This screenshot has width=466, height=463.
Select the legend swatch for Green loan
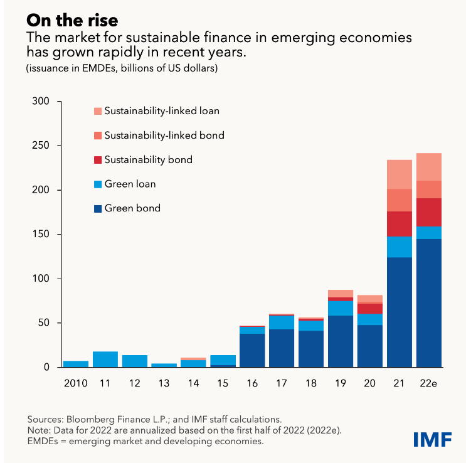click(98, 184)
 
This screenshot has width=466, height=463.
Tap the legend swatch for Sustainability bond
click(98, 160)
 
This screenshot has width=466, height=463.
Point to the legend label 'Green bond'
click(132, 208)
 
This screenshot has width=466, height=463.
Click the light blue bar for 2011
click(105, 359)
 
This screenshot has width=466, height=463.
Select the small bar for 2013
click(164, 365)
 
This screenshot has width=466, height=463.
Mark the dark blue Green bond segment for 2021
click(400, 312)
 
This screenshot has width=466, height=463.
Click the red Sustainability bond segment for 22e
click(429, 212)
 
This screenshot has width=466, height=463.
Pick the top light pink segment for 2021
click(400, 174)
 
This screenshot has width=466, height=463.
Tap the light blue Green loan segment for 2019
click(341, 308)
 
